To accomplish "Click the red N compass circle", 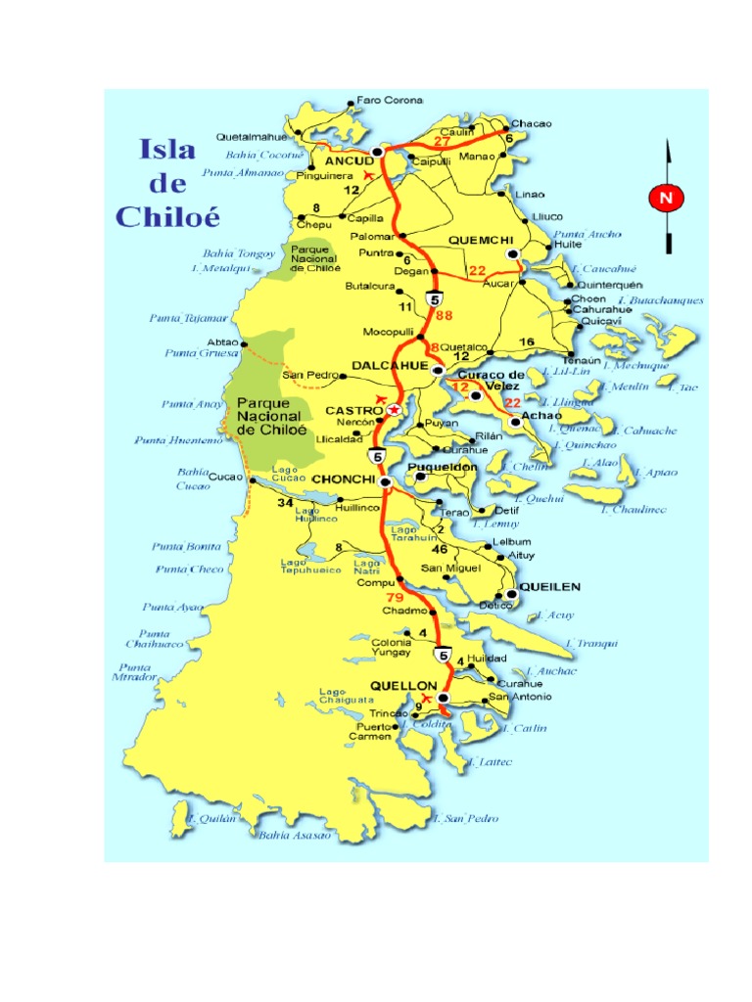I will click(666, 199).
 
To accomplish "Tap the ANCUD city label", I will click(350, 159).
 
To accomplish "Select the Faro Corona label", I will click(389, 101).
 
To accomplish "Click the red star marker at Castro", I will click(394, 410).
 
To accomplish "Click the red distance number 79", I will click(395, 597).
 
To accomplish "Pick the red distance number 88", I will click(445, 315).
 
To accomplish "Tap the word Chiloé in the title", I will click(168, 215).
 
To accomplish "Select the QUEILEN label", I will click(549, 587).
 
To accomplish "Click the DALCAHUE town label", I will click(391, 365).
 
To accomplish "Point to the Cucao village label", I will click(224, 477).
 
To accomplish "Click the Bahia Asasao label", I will click(296, 835).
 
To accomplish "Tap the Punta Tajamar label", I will click(188, 318).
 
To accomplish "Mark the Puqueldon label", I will click(443, 467).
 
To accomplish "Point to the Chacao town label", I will click(531, 124).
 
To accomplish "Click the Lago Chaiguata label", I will click(347, 696).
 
